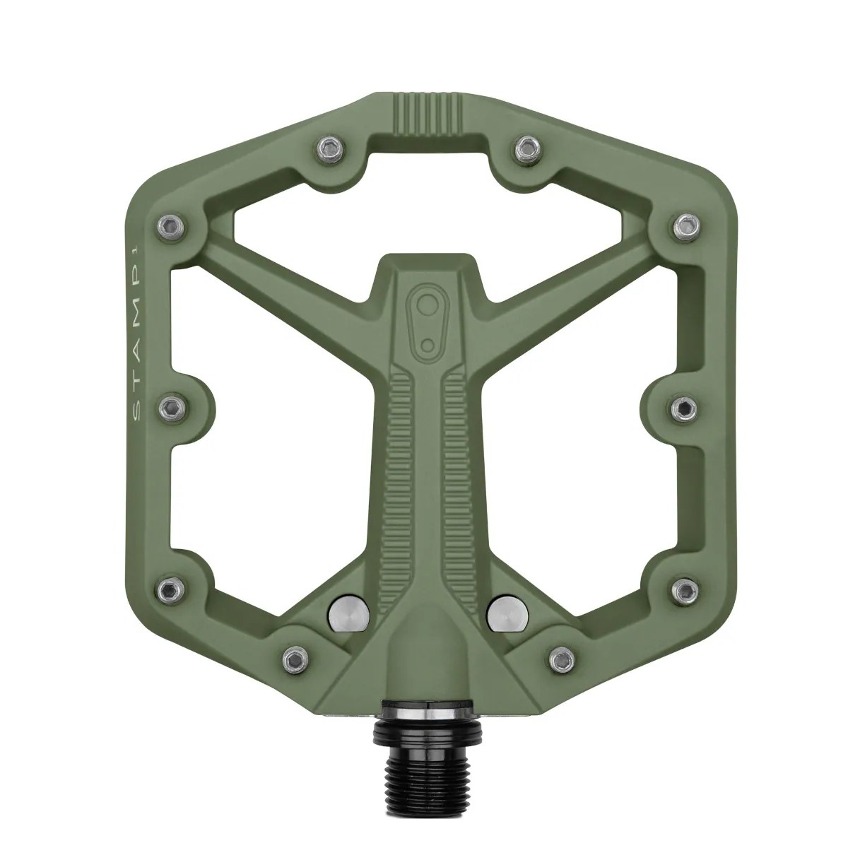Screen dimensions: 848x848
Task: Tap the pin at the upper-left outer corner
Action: pos(169,225)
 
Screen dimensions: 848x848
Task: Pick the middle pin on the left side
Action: pos(171,406)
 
